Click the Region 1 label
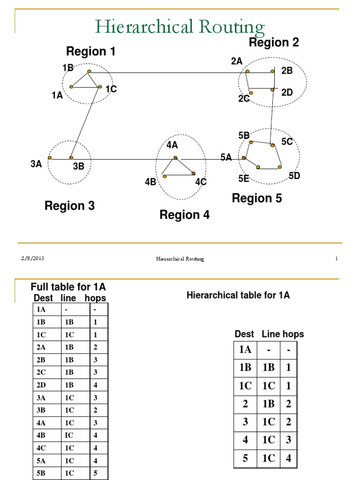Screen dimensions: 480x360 90,52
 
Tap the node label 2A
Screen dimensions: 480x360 237,61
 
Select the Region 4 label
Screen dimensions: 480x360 184,215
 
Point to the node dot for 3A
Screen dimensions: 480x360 50,158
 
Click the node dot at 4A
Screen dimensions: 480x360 175,158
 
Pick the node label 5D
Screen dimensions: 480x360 294,176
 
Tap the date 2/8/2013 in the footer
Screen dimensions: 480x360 33,258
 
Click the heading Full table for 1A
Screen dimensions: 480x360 68,287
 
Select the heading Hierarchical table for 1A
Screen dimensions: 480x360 238,295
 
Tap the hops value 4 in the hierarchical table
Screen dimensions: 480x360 289,458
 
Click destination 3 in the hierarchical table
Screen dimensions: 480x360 245,422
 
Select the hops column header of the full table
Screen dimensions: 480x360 95,298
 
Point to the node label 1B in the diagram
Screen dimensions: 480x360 68,68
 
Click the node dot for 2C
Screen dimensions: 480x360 251,93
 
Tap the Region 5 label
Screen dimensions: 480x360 257,199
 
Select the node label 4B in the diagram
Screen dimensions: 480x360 150,182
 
